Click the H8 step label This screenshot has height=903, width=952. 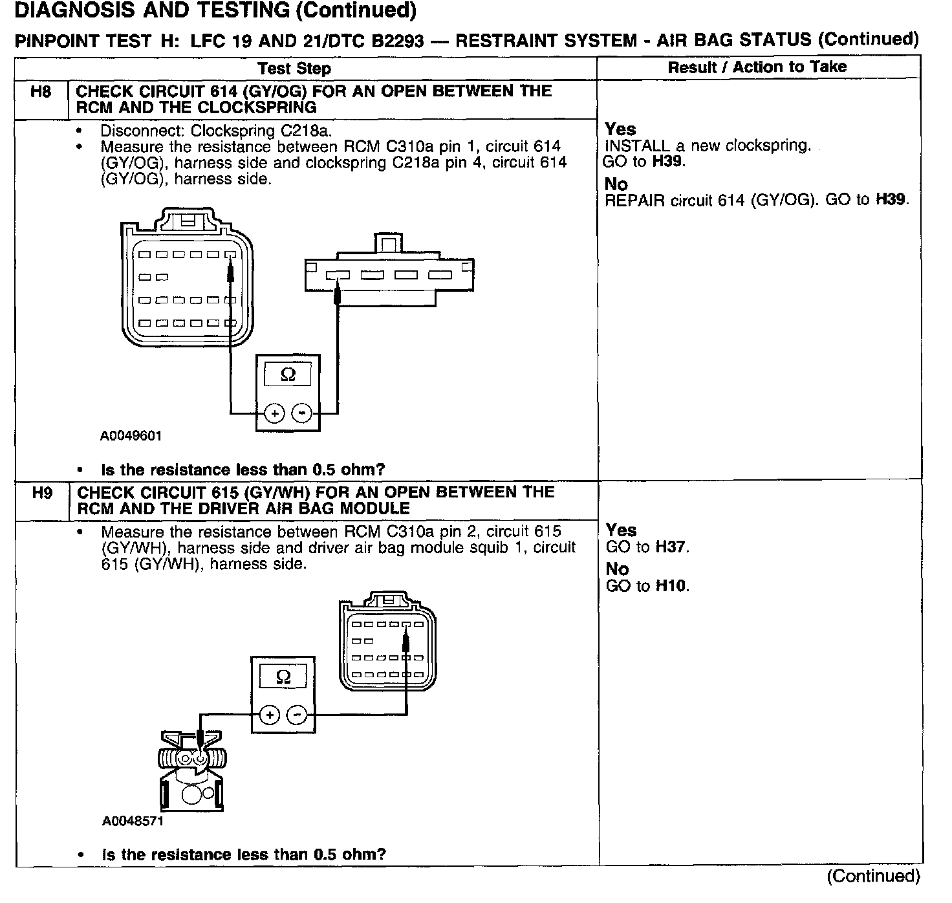tap(40, 92)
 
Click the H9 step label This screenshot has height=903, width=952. tap(41, 493)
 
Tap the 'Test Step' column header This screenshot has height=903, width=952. tap(294, 69)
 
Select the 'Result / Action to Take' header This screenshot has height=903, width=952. tap(757, 67)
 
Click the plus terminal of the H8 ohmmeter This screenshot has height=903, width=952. tap(274, 413)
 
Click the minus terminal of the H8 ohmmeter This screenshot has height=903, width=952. tap(302, 413)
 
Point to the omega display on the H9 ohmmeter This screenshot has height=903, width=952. tap(283, 677)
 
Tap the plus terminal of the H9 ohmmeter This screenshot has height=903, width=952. tap(270, 715)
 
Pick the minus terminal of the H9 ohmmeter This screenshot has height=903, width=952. tap(297, 715)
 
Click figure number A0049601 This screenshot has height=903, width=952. tap(131, 436)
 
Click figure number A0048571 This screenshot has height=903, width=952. tap(133, 821)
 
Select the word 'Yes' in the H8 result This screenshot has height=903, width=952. tap(620, 129)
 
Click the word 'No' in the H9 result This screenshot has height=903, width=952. tap(617, 569)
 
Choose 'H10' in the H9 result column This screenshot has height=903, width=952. tap(671, 587)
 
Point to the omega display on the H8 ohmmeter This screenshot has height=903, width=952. tap(288, 375)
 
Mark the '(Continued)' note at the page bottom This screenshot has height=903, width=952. tap(873, 876)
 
